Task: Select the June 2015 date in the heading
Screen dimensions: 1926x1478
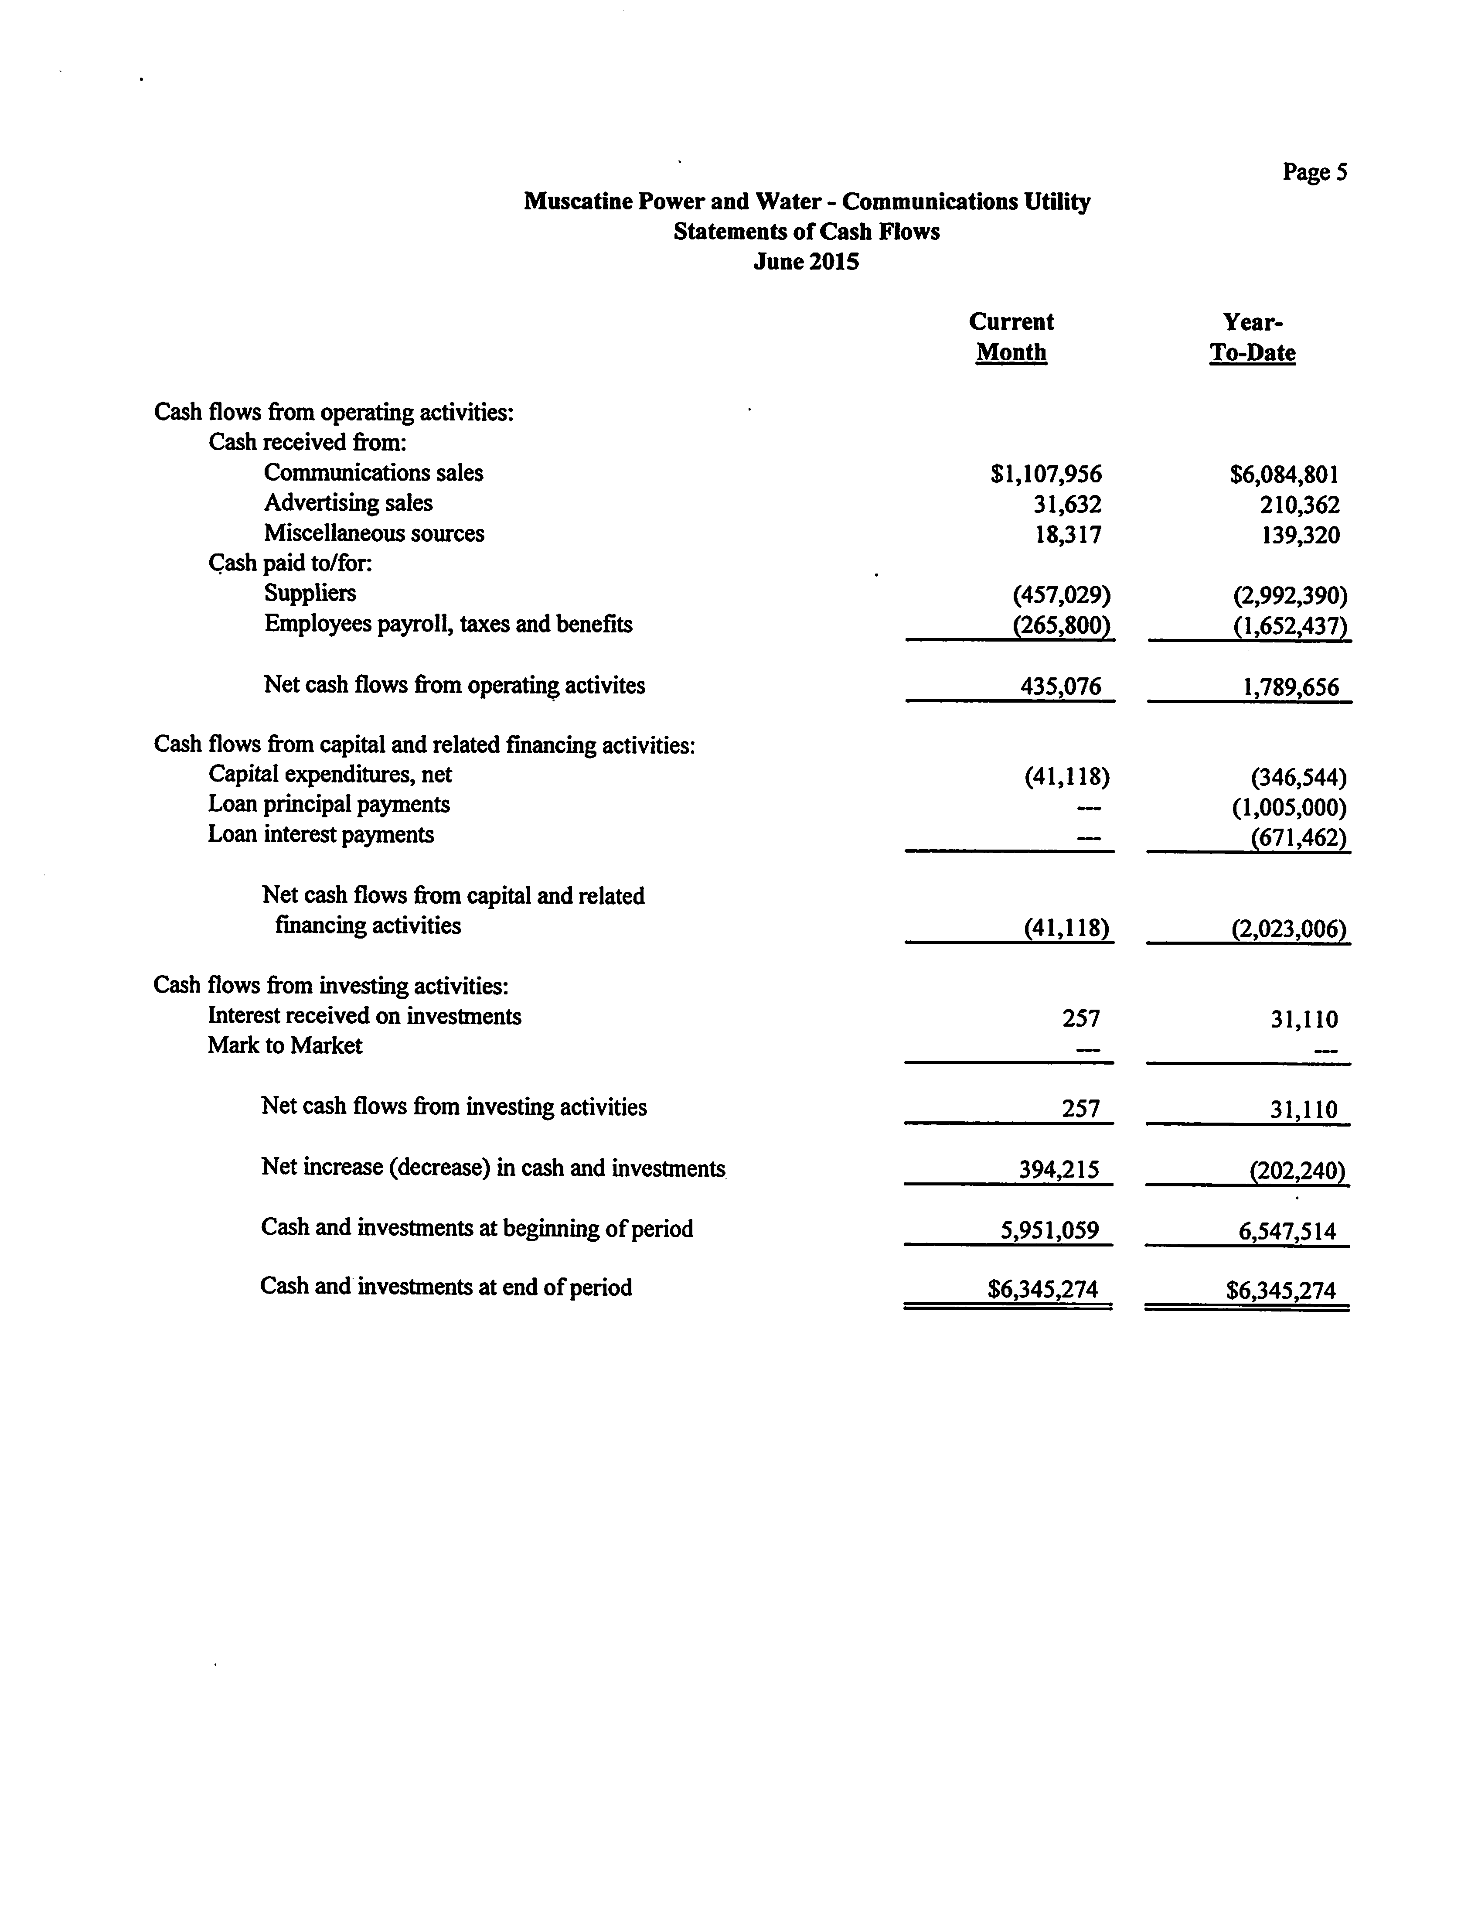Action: tap(806, 262)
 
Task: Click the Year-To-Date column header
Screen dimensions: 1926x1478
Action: tap(1252, 337)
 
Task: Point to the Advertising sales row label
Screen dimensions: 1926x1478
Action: tap(348, 503)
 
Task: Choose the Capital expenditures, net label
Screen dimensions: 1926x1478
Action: tap(330, 774)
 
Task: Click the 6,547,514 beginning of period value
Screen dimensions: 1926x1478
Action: tap(1287, 1231)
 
